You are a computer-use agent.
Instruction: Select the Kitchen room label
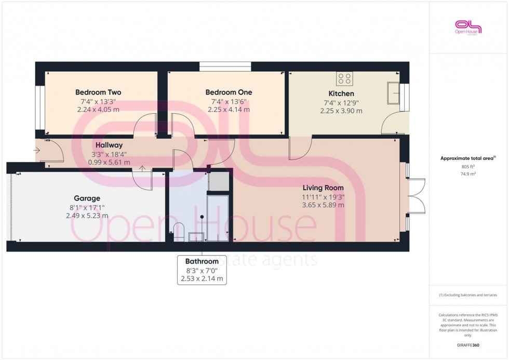341,94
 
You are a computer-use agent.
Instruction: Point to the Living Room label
324,188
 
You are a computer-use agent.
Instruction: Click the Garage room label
87,198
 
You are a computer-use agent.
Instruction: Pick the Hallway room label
109,145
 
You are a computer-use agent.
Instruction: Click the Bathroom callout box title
202,261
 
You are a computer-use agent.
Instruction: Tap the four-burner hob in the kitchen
345,78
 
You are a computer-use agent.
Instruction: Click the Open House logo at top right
468,27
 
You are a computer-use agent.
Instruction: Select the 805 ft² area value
468,167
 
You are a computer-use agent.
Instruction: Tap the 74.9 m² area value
468,174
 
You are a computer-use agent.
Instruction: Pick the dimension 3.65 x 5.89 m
324,205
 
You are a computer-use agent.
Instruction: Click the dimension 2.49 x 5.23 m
87,216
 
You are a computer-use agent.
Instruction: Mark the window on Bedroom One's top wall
225,66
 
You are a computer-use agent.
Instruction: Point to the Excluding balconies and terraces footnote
468,295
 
